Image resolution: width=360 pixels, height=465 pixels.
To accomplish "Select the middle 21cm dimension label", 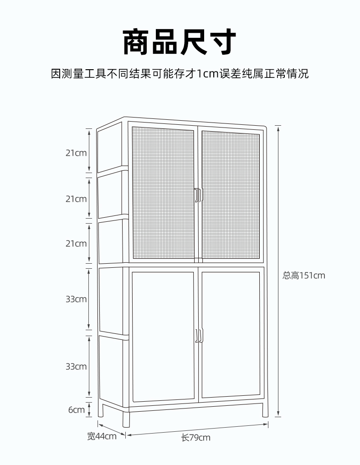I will point(76,199).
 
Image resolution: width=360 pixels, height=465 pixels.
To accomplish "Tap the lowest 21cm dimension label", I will point(76,244).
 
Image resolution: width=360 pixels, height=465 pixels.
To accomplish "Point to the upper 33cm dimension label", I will point(76,299).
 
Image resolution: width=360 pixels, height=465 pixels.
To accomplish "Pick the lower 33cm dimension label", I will point(76,366).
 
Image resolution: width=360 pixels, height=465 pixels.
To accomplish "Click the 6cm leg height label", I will point(77,410).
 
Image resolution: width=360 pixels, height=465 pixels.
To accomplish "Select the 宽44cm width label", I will point(102,436).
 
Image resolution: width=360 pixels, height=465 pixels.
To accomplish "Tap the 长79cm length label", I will point(196,438).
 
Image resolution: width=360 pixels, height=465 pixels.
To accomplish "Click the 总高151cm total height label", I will point(304,276).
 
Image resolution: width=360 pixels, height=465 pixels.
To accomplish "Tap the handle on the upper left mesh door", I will point(197,194).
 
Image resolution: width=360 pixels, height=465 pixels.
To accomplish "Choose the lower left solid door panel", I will point(163,336).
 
